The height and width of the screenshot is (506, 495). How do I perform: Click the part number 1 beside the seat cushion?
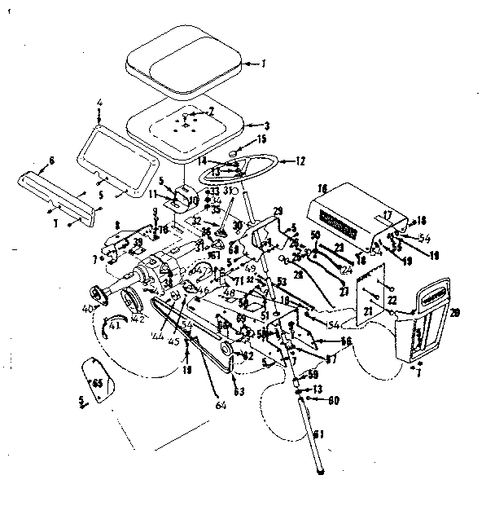point(263,61)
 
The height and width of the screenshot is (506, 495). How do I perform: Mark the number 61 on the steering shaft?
point(318,434)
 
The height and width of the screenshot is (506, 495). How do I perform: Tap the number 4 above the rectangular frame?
point(99,103)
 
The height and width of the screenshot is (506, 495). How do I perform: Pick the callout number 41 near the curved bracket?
point(113,325)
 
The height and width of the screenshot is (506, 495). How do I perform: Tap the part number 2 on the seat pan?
point(211,111)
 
